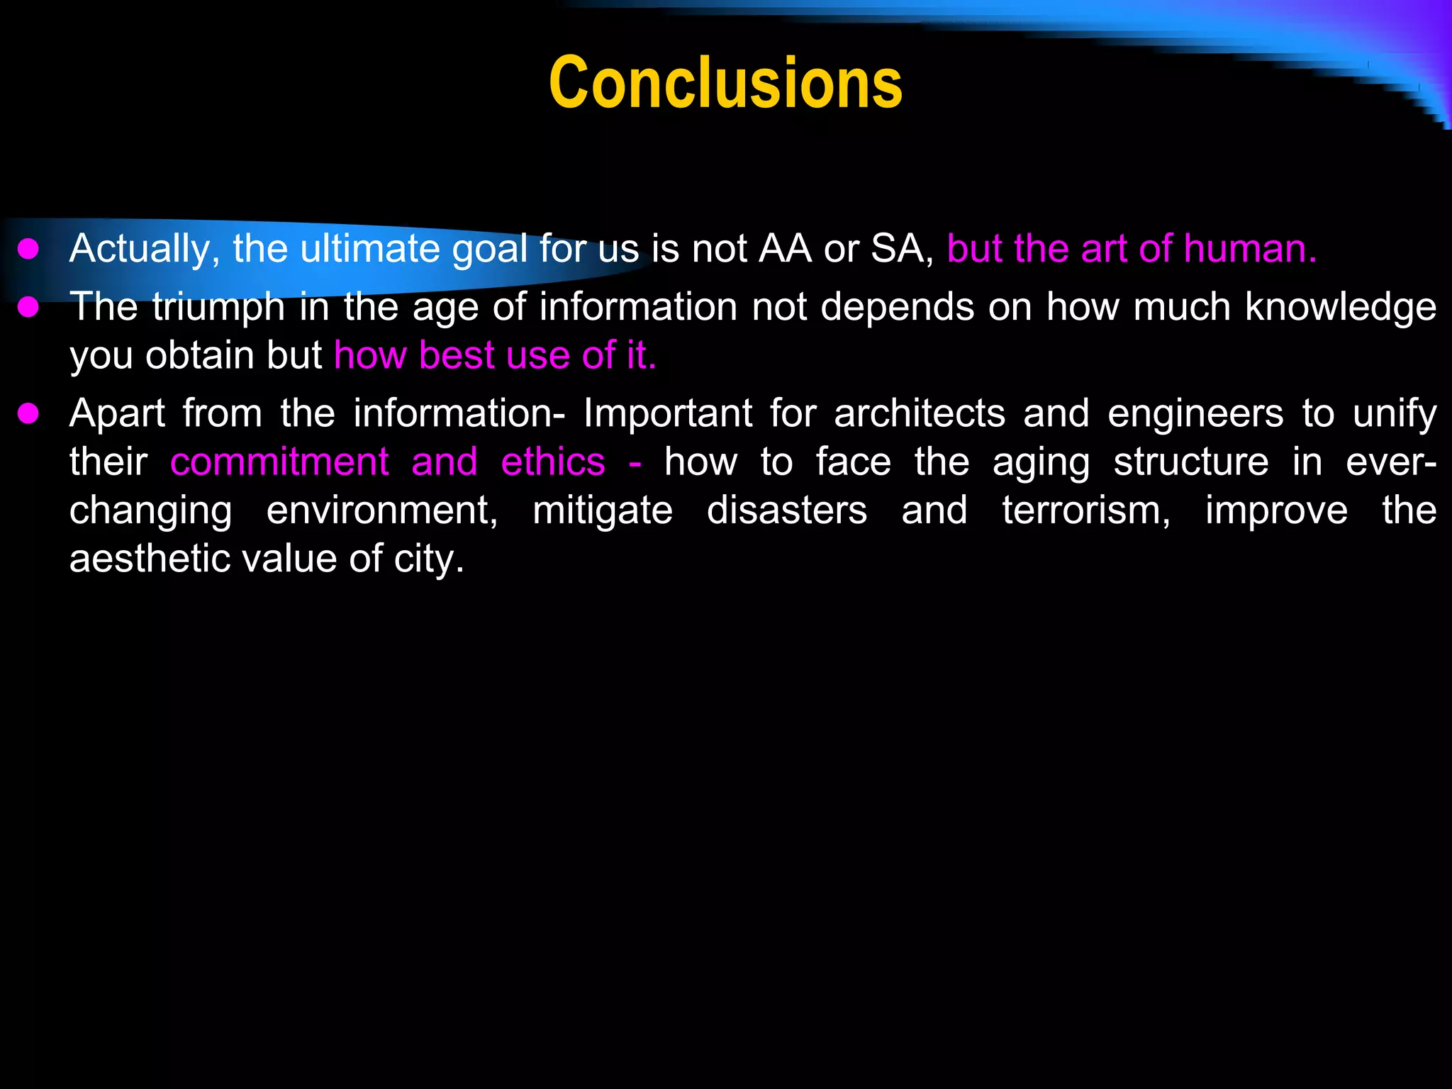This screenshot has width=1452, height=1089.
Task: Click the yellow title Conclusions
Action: [x=725, y=84]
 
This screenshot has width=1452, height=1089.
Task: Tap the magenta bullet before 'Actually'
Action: [x=28, y=250]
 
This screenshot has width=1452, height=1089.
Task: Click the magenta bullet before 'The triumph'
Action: [x=28, y=308]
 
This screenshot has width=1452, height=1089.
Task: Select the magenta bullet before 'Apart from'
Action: [x=28, y=414]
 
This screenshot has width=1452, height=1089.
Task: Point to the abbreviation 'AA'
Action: [x=785, y=250]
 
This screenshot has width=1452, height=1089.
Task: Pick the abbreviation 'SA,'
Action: [x=903, y=250]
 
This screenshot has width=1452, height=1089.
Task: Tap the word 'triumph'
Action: [x=218, y=308]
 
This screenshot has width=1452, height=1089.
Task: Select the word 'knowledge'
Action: [x=1341, y=308]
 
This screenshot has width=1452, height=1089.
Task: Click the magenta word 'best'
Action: [x=457, y=355]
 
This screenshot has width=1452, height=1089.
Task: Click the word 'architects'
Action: [x=920, y=414]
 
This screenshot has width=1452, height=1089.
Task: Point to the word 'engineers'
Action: [x=1195, y=414]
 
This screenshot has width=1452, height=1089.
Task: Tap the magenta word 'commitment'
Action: [x=279, y=462]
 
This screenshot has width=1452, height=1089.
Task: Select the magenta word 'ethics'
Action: [x=553, y=462]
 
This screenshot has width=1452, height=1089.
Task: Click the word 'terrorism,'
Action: [x=1086, y=510]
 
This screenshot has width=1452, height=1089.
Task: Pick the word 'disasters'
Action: [x=787, y=510]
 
